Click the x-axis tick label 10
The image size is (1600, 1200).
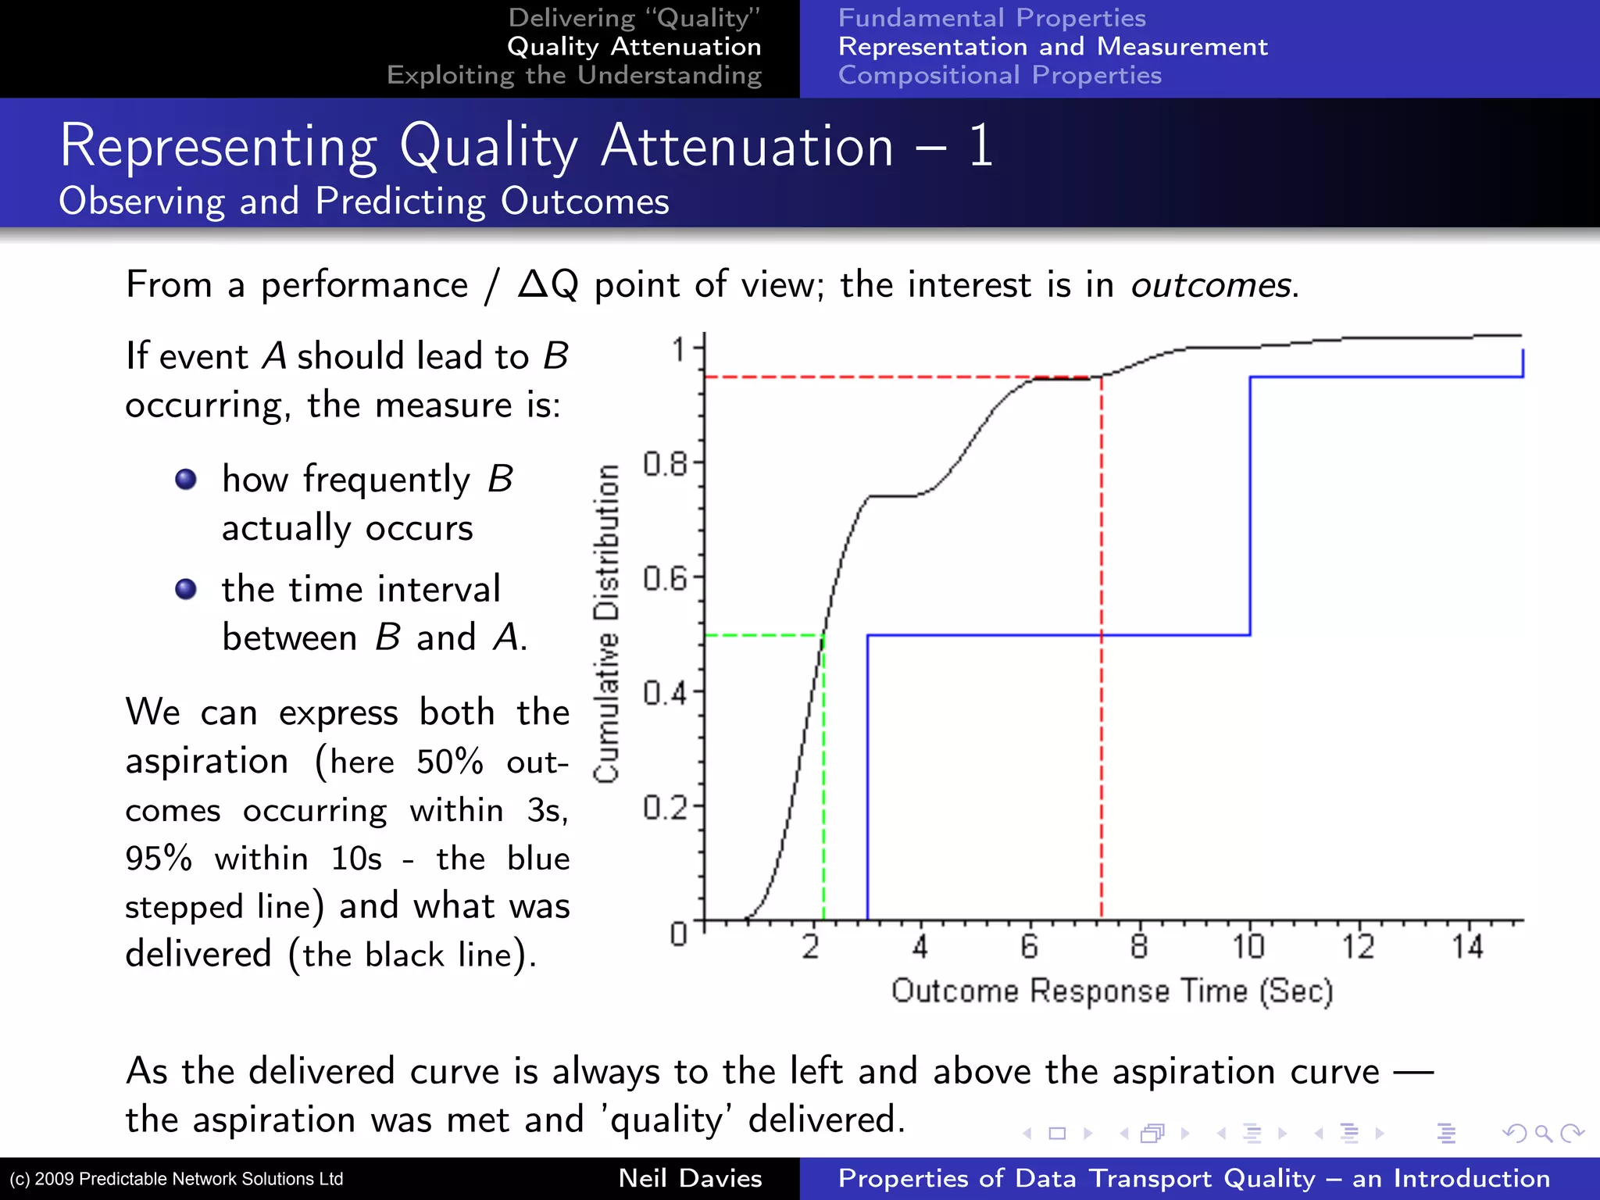(1248, 947)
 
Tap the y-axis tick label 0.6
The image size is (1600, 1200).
(665, 579)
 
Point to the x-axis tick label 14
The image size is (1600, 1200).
(1467, 947)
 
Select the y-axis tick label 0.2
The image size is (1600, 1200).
(665, 807)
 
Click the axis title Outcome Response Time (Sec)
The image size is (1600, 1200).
(1112, 991)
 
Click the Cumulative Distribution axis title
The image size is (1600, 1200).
(607, 623)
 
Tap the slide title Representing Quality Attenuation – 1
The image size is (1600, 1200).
(526, 146)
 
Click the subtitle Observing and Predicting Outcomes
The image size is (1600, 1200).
(364, 202)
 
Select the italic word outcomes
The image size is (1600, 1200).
(1210, 284)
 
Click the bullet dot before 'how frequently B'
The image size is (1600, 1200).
(186, 479)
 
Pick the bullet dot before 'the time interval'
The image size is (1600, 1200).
(186, 588)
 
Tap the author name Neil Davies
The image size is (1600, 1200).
(690, 1178)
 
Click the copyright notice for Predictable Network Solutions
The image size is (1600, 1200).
(177, 1179)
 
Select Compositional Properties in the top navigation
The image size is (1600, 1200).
(999, 75)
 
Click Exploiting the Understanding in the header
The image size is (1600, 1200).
(574, 75)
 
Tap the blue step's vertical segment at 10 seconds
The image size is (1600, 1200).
(1250, 508)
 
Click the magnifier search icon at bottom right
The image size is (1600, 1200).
(1543, 1133)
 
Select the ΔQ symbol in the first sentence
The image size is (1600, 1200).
(548, 284)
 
